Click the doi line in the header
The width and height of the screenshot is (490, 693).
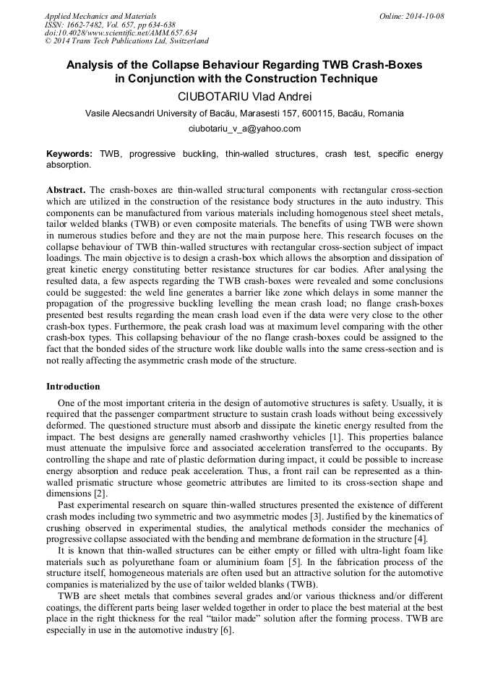121,33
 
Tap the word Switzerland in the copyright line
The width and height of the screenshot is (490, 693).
184,41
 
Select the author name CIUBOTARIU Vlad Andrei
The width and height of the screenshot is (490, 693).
244,96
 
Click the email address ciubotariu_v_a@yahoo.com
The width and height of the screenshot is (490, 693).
244,129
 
